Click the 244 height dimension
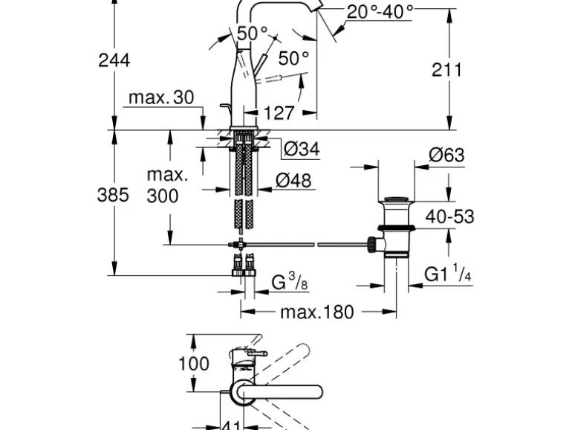(x=114, y=60)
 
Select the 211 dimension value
(x=447, y=69)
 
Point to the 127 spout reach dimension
(x=279, y=113)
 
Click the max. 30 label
(x=160, y=97)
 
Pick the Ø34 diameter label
(x=302, y=149)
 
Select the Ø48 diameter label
(x=293, y=179)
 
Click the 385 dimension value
(x=114, y=195)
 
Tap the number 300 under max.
(x=162, y=196)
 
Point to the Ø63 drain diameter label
(x=446, y=155)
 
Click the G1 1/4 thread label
(x=449, y=275)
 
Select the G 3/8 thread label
(x=289, y=283)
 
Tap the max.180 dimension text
(x=316, y=312)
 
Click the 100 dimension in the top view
(x=195, y=364)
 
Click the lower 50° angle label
(x=293, y=57)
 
